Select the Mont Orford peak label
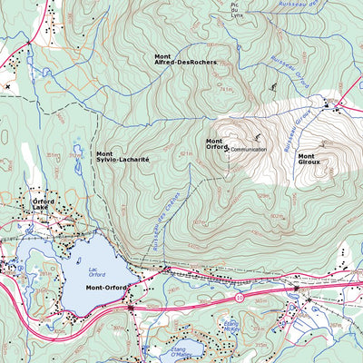click(214, 144)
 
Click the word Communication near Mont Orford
click(248, 149)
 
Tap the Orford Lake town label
click(44, 204)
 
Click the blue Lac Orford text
click(96, 271)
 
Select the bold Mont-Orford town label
click(105, 288)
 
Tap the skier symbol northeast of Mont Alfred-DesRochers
click(273, 88)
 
